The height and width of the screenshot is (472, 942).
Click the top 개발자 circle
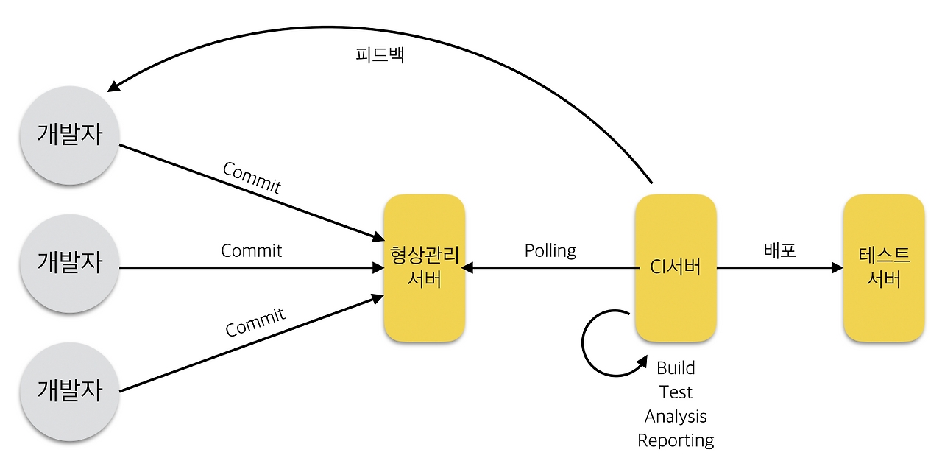click(x=70, y=135)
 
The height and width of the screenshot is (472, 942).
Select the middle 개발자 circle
click(x=70, y=263)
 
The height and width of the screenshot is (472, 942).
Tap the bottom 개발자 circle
click(x=70, y=391)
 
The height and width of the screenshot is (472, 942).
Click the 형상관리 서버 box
click(x=425, y=267)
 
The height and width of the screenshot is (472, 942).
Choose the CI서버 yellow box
click(x=676, y=267)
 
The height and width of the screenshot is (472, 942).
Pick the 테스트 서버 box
click(x=884, y=267)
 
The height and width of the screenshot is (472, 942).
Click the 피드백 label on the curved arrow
click(x=379, y=57)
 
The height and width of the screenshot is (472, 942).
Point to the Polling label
click(x=550, y=250)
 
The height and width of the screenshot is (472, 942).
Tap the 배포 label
click(x=780, y=250)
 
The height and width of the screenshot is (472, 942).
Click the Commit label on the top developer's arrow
click(x=252, y=177)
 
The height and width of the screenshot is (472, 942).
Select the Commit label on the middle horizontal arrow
click(x=252, y=250)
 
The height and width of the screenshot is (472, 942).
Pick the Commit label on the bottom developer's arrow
click(x=255, y=323)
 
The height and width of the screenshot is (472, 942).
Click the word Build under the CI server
click(x=676, y=367)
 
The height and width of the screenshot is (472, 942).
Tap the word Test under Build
click(x=676, y=392)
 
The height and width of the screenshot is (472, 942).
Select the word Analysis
click(x=676, y=416)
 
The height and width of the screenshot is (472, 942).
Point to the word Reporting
click(x=676, y=440)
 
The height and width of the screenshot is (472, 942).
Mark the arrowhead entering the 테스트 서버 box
click(x=837, y=268)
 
